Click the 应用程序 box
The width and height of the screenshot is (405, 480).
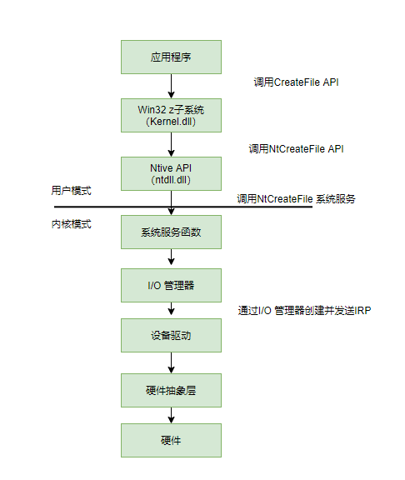point(171,57)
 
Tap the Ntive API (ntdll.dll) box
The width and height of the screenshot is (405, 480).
point(171,173)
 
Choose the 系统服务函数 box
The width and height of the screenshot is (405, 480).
point(171,232)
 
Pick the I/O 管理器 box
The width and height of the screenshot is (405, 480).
point(171,285)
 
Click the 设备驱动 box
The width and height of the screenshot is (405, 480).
point(171,336)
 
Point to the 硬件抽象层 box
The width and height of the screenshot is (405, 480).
point(171,388)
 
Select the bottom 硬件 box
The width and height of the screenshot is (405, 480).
point(171,439)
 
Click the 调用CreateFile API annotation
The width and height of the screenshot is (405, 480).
point(296,82)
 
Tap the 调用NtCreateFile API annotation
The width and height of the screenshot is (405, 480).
point(296,149)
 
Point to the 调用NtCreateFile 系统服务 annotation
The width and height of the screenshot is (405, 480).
point(296,198)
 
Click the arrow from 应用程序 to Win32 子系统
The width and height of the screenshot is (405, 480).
point(171,87)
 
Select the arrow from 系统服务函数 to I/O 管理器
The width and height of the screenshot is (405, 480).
point(171,258)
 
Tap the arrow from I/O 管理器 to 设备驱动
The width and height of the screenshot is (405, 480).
point(171,310)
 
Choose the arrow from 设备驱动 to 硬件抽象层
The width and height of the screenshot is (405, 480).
point(171,362)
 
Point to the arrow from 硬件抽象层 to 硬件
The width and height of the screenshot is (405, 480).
point(171,414)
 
